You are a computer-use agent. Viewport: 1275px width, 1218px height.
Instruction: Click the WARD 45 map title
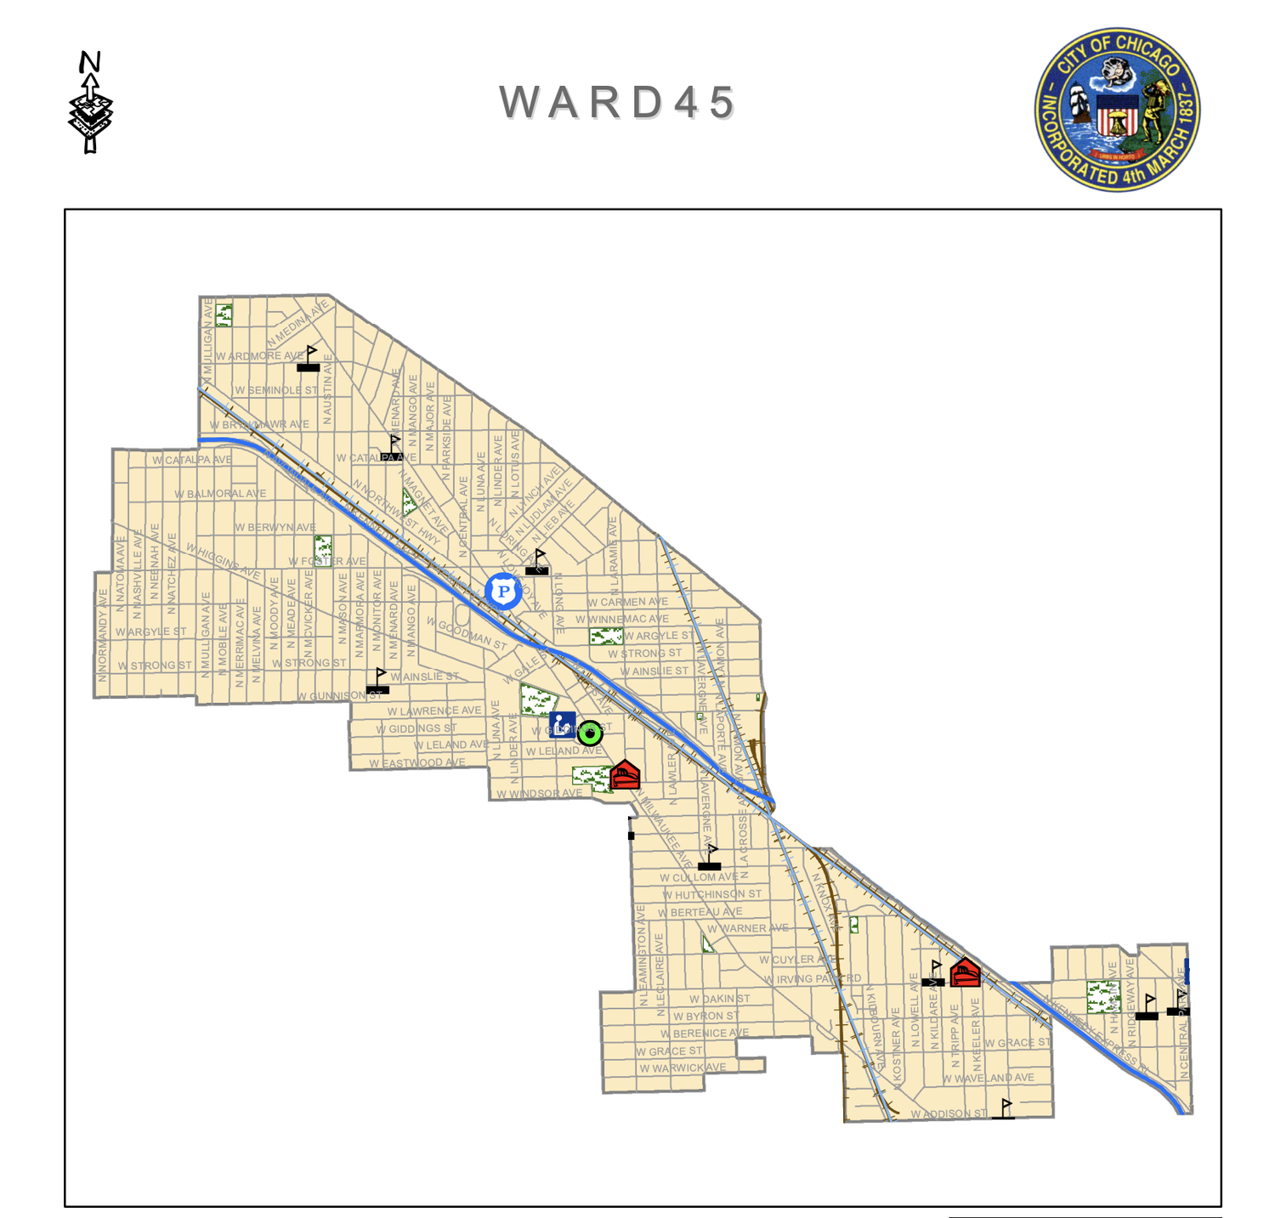[617, 103]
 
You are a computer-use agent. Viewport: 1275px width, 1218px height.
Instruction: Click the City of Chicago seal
[1117, 109]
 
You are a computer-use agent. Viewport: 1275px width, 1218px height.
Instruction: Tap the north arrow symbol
[90, 102]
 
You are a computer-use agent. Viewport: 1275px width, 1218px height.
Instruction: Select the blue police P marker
[503, 591]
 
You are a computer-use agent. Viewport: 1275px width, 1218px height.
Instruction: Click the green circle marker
[590, 733]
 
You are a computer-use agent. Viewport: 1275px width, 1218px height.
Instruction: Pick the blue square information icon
[562, 726]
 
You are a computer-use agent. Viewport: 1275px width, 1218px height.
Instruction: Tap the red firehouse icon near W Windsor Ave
[625, 774]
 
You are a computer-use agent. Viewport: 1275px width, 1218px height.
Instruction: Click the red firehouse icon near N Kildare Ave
[965, 972]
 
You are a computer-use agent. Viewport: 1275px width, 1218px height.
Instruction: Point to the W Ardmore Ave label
[259, 356]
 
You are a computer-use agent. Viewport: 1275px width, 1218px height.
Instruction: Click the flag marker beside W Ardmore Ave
[309, 359]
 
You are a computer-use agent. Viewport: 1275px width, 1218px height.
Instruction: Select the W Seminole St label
[276, 390]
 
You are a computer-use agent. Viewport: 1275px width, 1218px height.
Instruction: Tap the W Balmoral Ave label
[220, 494]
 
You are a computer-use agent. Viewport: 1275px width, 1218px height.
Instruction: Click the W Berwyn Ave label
[275, 528]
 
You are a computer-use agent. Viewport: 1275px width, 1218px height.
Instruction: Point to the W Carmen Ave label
[627, 602]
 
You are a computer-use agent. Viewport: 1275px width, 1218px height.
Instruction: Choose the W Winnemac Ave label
[622, 619]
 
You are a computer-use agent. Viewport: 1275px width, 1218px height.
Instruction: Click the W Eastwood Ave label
[417, 763]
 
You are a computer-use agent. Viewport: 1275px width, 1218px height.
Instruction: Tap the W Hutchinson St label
[712, 894]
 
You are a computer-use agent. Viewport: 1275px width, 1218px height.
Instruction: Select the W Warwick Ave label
[683, 1068]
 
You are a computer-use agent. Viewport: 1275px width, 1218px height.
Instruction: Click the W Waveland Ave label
[988, 1078]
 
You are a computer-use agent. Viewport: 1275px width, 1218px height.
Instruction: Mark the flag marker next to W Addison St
[1004, 1109]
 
